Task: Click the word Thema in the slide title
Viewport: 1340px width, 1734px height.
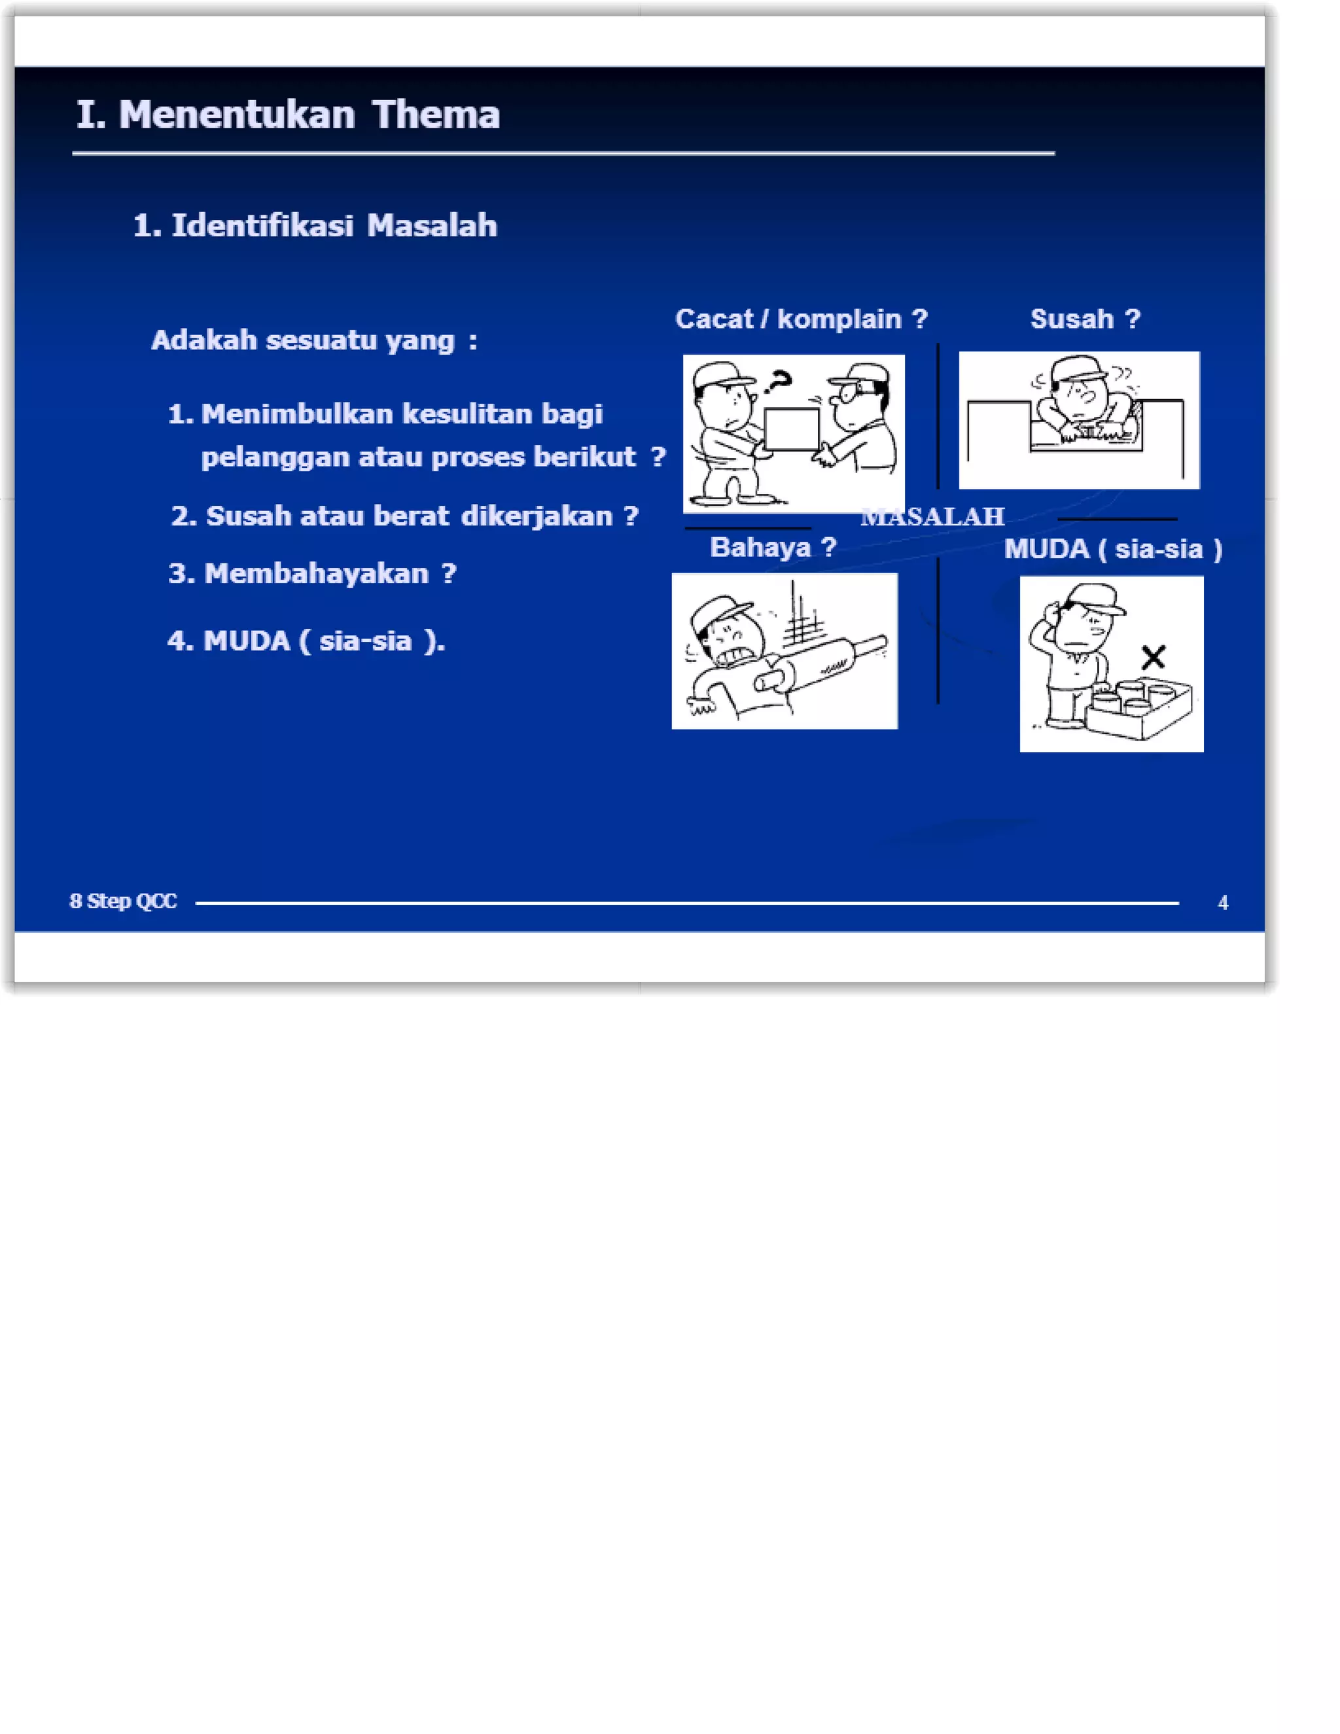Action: click(436, 115)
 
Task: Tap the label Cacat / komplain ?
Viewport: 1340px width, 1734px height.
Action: click(801, 319)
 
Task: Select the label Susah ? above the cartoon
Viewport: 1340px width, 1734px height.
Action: click(1084, 319)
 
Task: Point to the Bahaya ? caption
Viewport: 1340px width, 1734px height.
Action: click(773, 547)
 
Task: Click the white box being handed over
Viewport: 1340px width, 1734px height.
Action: click(792, 429)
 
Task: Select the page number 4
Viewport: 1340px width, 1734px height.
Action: click(1222, 903)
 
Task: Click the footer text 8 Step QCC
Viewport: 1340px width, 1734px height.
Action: click(123, 901)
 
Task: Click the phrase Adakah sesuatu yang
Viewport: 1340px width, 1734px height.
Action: click(303, 340)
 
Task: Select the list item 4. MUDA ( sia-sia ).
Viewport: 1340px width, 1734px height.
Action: click(306, 641)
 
